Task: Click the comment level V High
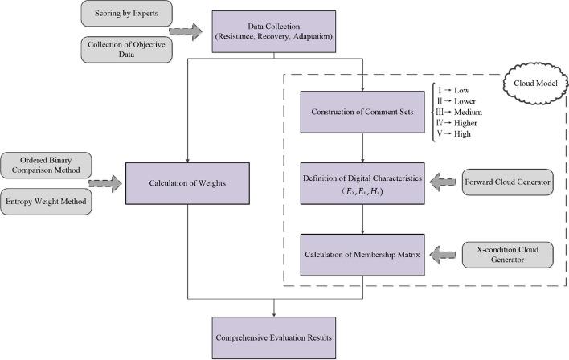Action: pyautogui.click(x=454, y=134)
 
